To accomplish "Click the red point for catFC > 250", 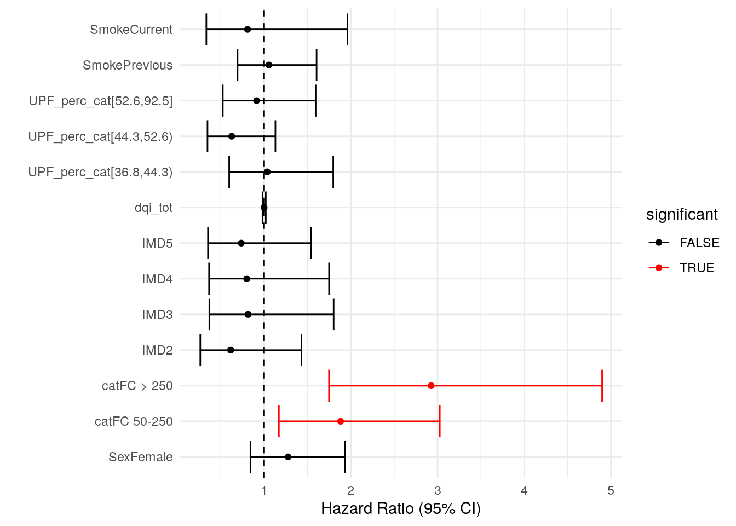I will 431,386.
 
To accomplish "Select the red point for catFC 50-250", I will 341,421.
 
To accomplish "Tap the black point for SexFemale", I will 288,457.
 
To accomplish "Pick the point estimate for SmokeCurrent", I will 248,30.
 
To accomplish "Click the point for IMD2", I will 231,350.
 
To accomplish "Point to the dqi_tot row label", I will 153,208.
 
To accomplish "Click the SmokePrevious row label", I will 128,65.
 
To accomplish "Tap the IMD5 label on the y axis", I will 157,243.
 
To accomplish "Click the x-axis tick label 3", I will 438,490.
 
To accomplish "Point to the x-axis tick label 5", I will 611,490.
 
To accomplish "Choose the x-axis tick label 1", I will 264,490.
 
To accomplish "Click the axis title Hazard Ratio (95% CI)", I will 401,508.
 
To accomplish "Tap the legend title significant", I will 682,214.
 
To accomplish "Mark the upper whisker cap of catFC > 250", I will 602,386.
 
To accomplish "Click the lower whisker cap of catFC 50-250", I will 279,421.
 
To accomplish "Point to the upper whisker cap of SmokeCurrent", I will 347,30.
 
